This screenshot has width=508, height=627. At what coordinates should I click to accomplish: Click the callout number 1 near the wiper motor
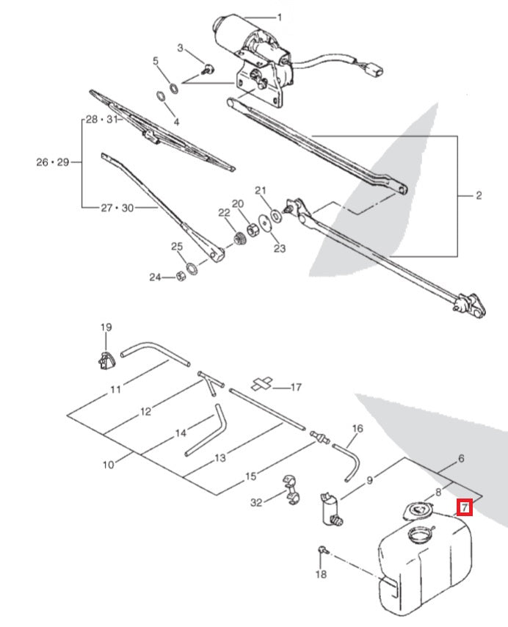tap(278, 17)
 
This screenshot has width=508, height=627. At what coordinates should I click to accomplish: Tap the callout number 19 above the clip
tap(106, 327)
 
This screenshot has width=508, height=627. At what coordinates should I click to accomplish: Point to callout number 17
tap(297, 387)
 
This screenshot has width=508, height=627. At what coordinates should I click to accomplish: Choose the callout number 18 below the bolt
tap(321, 574)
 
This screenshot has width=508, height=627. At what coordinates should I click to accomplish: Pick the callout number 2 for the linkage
tap(479, 195)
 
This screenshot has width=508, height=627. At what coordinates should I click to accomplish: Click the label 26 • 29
tap(52, 162)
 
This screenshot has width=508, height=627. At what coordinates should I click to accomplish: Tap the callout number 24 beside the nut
tap(155, 278)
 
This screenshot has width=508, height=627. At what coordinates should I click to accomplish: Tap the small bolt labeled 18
tap(322, 550)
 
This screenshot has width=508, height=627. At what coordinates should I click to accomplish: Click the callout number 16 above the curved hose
tap(358, 428)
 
